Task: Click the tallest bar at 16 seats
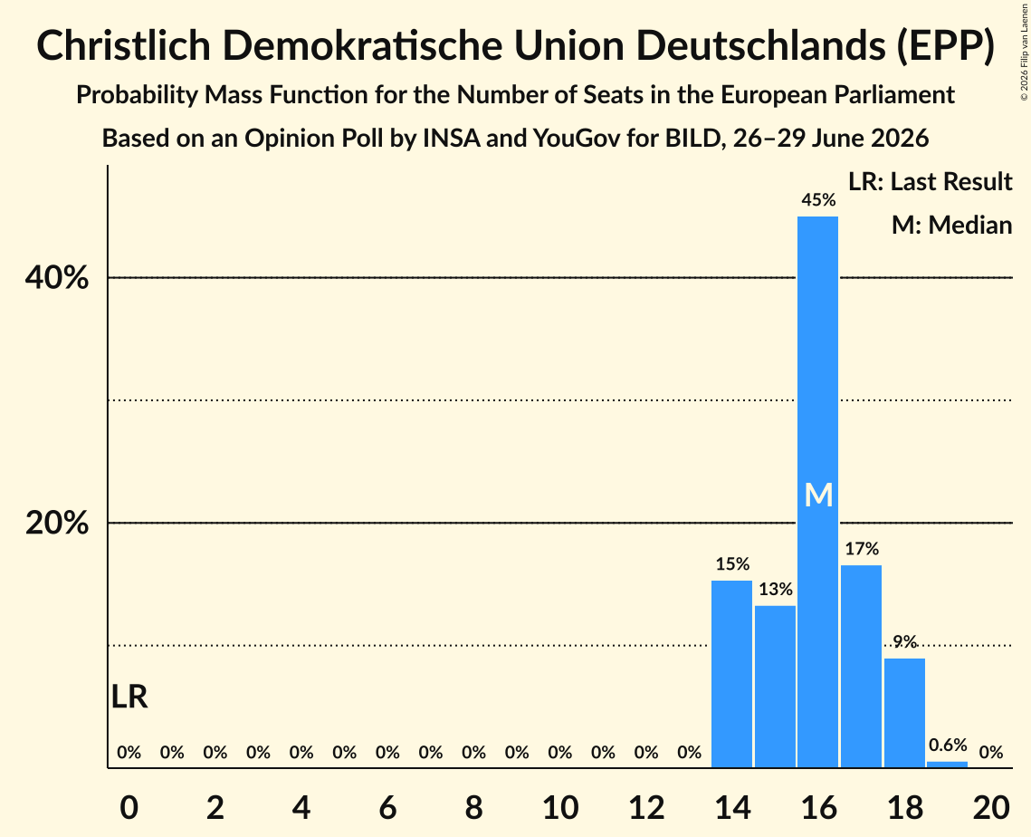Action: point(818,492)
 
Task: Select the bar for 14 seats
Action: point(731,674)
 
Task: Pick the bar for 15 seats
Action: point(775,687)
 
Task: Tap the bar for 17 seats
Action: point(862,666)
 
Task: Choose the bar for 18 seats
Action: point(905,713)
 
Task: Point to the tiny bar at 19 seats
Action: point(948,764)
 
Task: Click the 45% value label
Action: point(818,200)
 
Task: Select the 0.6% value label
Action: point(948,745)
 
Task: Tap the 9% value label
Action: point(905,641)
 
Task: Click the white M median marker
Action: point(818,495)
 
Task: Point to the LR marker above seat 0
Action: point(129,697)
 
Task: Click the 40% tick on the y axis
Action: point(56,278)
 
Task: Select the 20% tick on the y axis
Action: point(56,524)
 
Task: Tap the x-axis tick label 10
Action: point(560,808)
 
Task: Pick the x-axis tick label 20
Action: point(991,808)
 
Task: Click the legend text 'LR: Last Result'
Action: point(930,181)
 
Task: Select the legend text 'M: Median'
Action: point(951,225)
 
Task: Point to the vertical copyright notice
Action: point(1024,52)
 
